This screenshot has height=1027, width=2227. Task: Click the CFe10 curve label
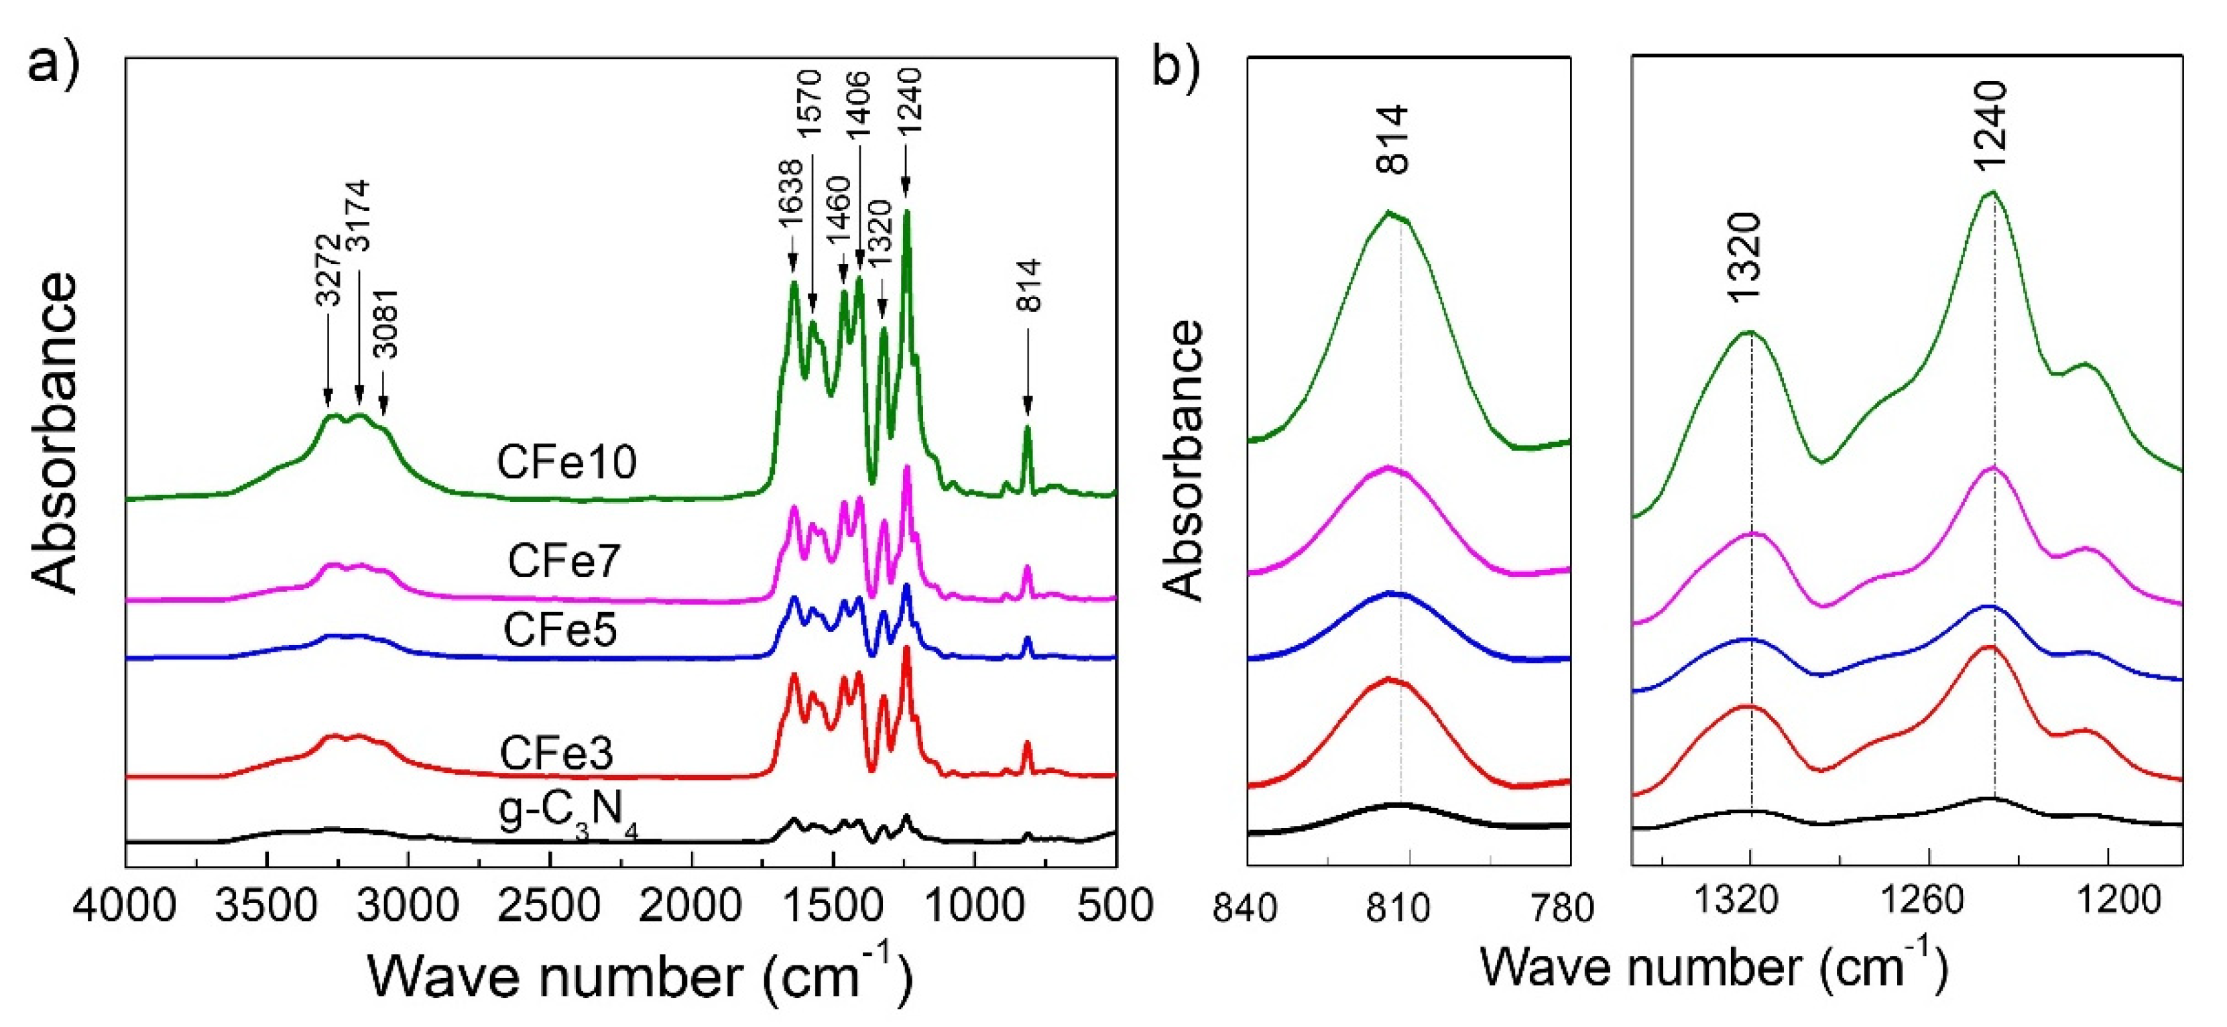pos(566,463)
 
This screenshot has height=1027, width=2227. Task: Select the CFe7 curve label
pos(564,562)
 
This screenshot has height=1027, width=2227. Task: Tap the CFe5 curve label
pos(560,631)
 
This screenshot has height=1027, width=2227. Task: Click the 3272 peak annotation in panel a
pos(328,271)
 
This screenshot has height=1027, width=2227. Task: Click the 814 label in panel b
pos(1393,140)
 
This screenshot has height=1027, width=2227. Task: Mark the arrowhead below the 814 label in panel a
pos(1028,406)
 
